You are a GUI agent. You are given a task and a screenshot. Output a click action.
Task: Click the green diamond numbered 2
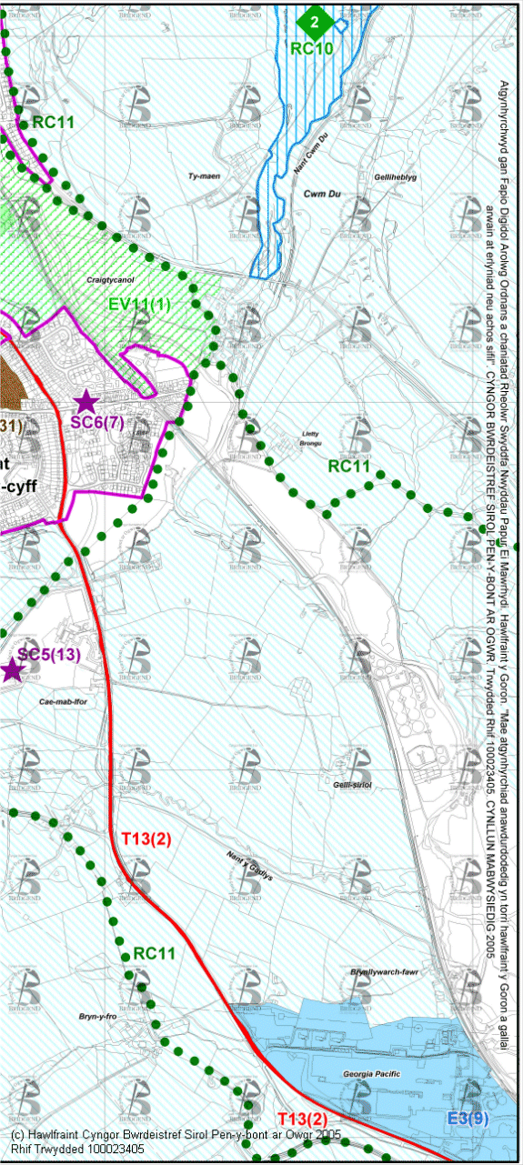pos(315,20)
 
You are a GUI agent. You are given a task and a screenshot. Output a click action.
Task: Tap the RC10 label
pos(312,48)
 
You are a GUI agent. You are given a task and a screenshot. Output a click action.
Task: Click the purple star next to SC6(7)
pos(85,400)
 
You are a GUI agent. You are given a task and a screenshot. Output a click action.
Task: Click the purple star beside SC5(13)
pos(12,670)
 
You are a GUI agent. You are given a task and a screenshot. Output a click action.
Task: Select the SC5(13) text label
pos(49,655)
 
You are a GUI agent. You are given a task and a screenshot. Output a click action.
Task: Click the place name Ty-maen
pos(205,176)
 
